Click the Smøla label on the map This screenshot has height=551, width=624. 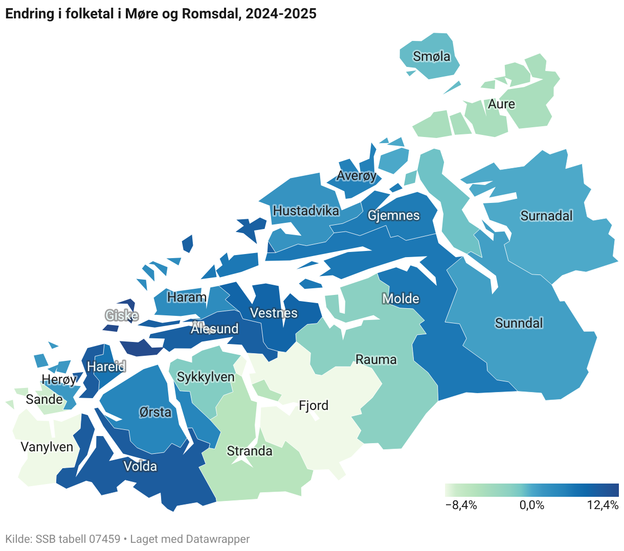tap(432, 56)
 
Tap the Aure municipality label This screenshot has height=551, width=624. tap(501, 104)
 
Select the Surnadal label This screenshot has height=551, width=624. tap(546, 216)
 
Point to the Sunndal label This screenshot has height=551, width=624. tap(519, 323)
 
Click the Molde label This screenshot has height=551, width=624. tap(400, 299)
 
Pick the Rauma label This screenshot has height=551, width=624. tap(376, 359)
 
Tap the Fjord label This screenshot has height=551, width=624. tap(313, 405)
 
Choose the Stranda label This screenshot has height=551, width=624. tap(249, 451)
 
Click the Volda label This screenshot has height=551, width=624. tap(140, 466)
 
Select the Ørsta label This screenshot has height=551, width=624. tap(155, 411)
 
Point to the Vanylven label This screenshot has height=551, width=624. tap(47, 447)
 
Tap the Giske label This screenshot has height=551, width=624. tap(121, 315)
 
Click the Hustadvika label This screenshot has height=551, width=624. tap(306, 211)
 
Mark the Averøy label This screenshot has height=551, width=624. tap(356, 176)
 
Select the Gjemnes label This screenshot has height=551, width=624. tap(393, 215)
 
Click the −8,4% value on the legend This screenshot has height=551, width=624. tap(461, 506)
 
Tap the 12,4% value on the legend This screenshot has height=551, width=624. tap(603, 506)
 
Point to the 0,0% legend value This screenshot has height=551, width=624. tap(531, 506)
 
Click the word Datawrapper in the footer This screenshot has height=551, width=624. tap(218, 539)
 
